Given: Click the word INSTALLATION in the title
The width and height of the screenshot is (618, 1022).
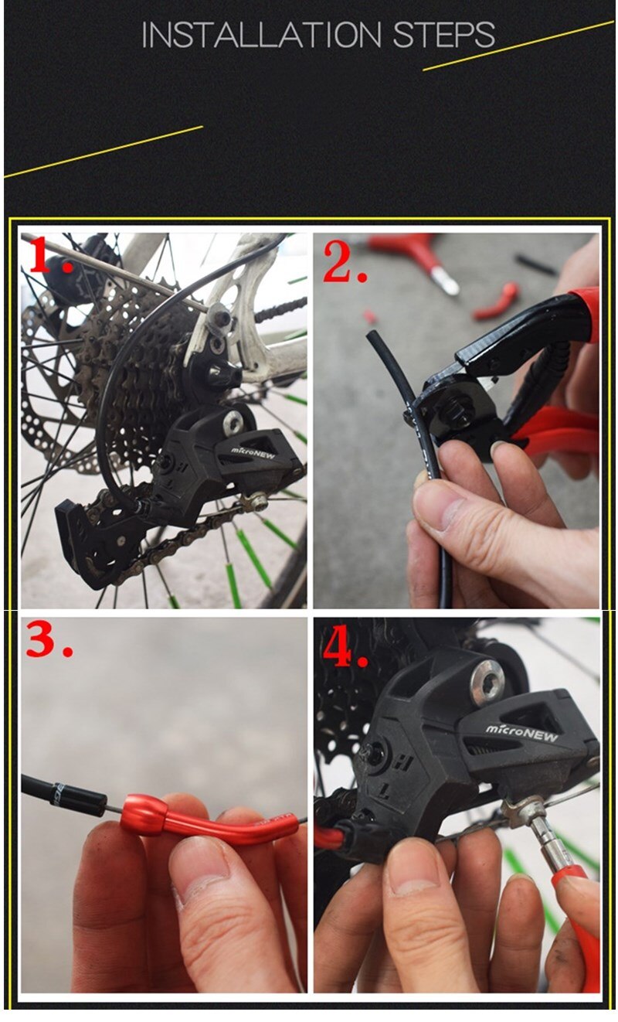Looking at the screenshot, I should pos(261,36).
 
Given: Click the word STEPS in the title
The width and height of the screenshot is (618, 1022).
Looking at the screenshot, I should pos(443,36).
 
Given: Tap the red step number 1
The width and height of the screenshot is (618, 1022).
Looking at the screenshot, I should pos(48,257).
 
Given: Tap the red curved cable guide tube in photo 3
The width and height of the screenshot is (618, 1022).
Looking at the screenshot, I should pos(209,823).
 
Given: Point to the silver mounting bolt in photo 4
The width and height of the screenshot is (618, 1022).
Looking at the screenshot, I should pos(487,680).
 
